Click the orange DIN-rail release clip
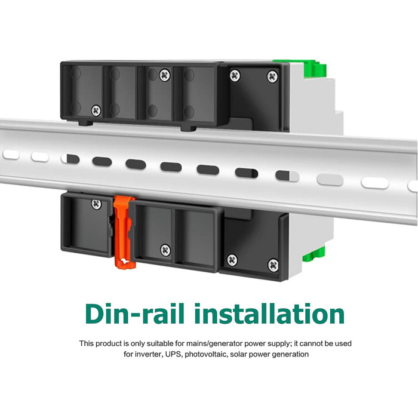click(x=124, y=232)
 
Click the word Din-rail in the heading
click(x=135, y=314)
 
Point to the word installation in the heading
click(x=269, y=314)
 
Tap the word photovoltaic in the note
click(x=206, y=354)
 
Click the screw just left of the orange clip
click(x=96, y=204)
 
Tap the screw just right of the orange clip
click(x=165, y=250)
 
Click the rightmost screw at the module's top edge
click(x=272, y=77)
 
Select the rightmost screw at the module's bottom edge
click(x=273, y=265)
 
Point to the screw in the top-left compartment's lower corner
click(x=96, y=110)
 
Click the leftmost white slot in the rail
click(x=11, y=155)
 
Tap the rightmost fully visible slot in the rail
click(x=375, y=183)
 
